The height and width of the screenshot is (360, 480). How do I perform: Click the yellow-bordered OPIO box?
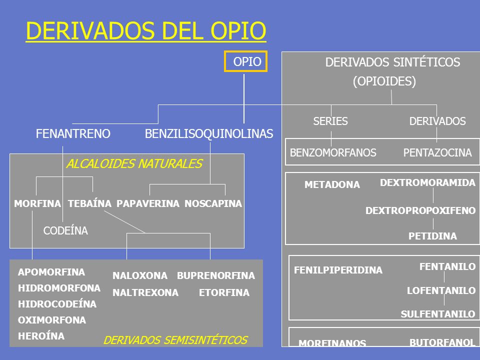(x=245, y=61)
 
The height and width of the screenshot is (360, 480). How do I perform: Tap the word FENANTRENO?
(x=73, y=133)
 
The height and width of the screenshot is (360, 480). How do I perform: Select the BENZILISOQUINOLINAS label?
(x=209, y=133)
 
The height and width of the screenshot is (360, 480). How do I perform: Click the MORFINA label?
(x=37, y=203)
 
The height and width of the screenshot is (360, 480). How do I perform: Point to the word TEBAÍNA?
(x=89, y=203)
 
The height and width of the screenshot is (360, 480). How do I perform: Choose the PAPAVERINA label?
(x=148, y=203)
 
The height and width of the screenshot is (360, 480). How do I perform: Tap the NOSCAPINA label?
(x=213, y=203)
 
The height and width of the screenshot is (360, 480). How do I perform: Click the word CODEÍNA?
(x=65, y=230)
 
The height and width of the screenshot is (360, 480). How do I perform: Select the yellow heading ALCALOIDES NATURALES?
(x=134, y=164)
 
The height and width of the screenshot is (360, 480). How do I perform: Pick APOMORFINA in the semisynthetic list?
(x=51, y=272)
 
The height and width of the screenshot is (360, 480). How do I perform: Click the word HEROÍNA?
(x=41, y=336)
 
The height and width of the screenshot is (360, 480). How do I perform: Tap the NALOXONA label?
(x=140, y=275)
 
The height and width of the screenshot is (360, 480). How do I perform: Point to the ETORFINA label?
(x=224, y=293)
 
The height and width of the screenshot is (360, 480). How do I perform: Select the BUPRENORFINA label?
(x=216, y=275)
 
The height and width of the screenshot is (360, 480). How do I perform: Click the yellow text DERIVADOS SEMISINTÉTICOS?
(x=175, y=340)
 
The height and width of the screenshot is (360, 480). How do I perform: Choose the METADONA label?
(x=332, y=184)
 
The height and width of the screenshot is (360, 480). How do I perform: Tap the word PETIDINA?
(x=432, y=236)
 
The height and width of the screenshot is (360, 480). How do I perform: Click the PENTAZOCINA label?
(x=437, y=153)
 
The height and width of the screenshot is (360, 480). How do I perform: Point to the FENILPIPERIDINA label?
(x=338, y=270)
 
